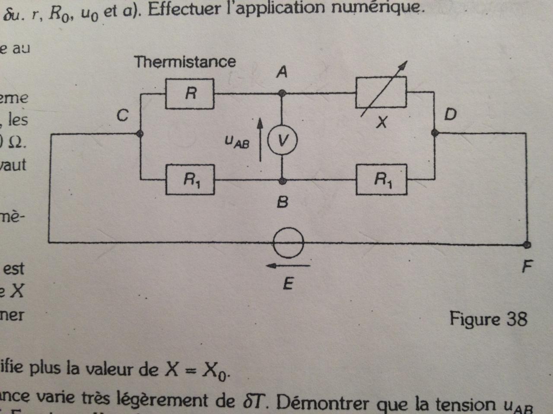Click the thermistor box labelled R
190,94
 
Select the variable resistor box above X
381,92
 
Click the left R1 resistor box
190,179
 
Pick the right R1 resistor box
381,179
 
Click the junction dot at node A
282,93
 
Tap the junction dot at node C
140,134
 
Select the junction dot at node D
435,133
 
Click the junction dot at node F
527,245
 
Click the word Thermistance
185,62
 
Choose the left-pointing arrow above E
288,266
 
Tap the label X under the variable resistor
381,123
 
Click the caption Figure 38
488,319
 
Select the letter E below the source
288,284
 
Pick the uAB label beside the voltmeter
237,142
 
